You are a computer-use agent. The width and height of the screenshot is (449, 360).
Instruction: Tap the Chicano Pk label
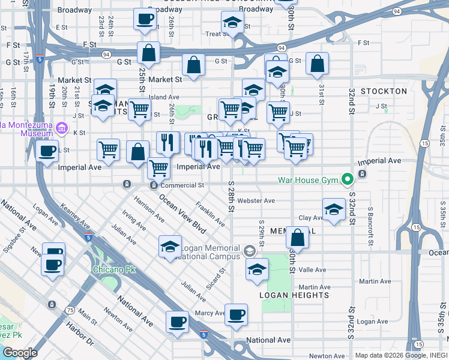[114, 269]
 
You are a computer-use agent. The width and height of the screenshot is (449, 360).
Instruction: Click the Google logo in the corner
[19, 353]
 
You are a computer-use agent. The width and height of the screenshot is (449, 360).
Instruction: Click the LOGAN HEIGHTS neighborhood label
[294, 295]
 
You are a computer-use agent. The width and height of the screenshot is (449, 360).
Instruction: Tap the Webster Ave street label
[256, 200]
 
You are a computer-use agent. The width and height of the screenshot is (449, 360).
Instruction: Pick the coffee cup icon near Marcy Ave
[236, 314]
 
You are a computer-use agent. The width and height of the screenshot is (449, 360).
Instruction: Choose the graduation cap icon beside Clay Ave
[334, 209]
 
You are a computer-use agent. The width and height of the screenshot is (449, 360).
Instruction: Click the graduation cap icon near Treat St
[232, 22]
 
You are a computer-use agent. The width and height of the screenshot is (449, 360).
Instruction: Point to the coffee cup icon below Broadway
[144, 19]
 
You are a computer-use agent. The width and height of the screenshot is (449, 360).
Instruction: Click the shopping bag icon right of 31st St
[317, 63]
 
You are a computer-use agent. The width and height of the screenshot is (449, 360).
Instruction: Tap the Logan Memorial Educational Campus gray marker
[250, 249]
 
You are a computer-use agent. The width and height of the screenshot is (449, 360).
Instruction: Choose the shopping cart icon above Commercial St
[158, 168]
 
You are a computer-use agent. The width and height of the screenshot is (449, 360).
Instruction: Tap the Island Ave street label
[164, 97]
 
